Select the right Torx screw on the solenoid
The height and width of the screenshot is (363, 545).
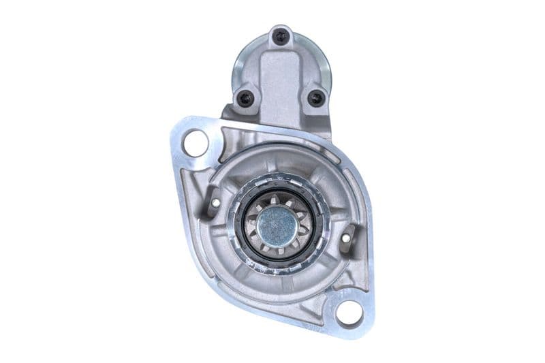coord(315,98)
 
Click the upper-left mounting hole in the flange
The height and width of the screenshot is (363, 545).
coord(196,144)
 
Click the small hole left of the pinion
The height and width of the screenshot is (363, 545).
coord(216,202)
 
